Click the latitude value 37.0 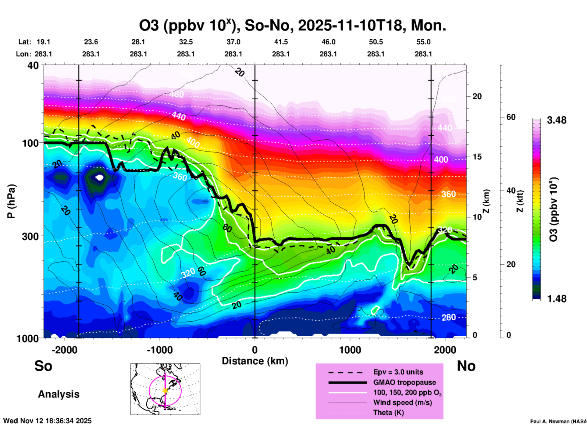(x=233, y=42)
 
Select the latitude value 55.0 (x=423, y=42)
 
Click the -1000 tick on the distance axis (x=160, y=350)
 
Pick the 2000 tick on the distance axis (x=445, y=350)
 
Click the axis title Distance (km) (x=255, y=361)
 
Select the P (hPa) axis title (x=11, y=201)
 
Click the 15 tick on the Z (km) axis (x=477, y=157)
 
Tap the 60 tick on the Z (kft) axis (x=511, y=117)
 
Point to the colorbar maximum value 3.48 (x=557, y=120)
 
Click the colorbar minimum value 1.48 (x=557, y=299)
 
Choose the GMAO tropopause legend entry (x=404, y=382)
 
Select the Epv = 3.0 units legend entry (x=398, y=372)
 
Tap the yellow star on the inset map (x=165, y=391)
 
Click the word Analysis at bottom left (x=59, y=394)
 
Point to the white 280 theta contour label (x=449, y=317)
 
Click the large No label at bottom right (x=466, y=366)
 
